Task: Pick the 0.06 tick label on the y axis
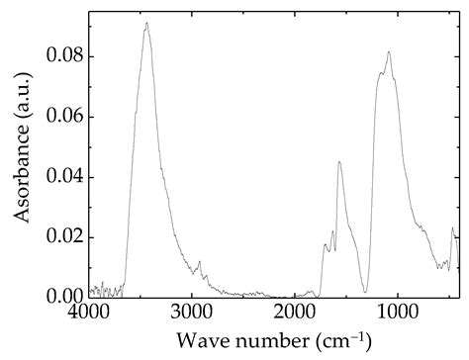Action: (x=62, y=117)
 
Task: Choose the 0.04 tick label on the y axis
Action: (x=62, y=177)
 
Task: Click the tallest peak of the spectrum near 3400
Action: (x=146, y=23)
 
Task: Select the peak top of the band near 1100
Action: (x=389, y=52)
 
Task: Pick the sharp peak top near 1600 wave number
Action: (x=338, y=162)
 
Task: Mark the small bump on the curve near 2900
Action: (x=200, y=262)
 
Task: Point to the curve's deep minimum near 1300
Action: (x=365, y=292)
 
